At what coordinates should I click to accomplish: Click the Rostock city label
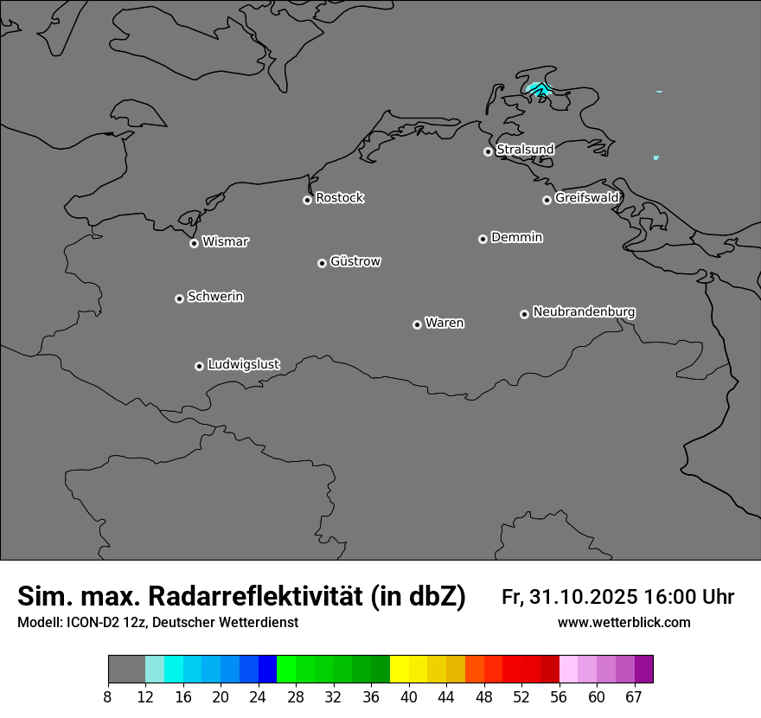339,198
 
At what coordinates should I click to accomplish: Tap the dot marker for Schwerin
179,298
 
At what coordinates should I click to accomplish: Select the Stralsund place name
525,150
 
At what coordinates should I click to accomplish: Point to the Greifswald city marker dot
547,200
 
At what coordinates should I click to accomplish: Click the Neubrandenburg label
584,311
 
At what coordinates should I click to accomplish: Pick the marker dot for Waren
417,324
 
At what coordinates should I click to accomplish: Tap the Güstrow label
355,261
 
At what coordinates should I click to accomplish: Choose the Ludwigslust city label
244,365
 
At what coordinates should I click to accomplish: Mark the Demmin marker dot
483,239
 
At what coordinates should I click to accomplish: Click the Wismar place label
225,241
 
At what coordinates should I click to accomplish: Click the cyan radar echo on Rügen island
539,89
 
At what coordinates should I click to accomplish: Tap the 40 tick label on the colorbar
409,697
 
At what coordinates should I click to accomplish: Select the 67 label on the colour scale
634,697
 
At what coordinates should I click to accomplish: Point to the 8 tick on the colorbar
108,697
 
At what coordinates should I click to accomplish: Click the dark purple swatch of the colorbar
643,669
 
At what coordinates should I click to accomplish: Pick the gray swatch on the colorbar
126,669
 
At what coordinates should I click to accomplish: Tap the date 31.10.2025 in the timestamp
584,597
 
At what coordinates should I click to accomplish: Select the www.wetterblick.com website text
624,623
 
